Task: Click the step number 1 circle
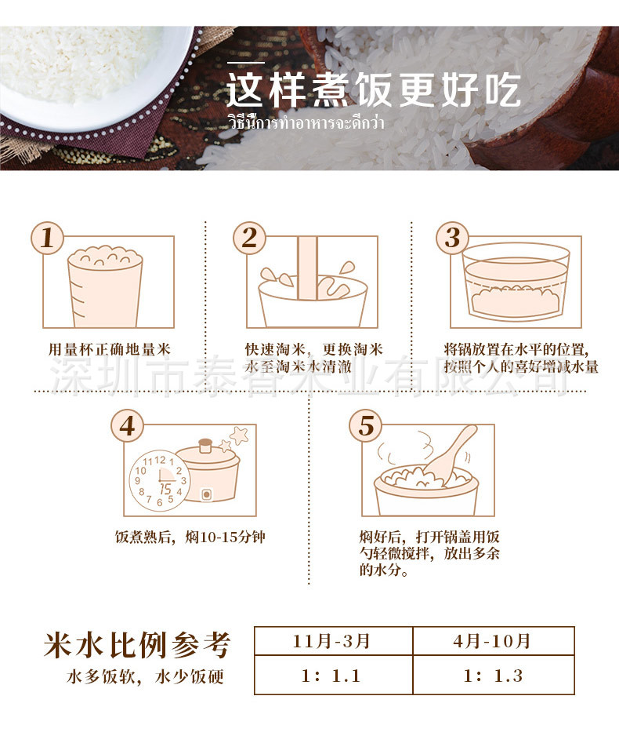point(47,238)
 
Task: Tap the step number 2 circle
point(250,238)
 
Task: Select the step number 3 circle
point(453,238)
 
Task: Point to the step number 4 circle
point(128,426)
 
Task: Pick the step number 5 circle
point(366,426)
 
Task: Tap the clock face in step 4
point(159,481)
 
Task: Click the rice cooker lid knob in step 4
point(205,445)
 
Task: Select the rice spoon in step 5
point(451,454)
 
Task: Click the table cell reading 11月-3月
point(334,641)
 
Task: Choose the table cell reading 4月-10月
point(494,641)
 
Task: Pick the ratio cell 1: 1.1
point(334,675)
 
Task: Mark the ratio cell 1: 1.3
point(494,675)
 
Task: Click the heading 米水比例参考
point(137,645)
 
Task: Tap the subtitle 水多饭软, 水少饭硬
point(145,677)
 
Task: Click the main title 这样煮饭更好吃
point(374,89)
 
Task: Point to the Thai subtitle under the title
point(306,122)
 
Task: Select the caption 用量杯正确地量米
point(110,349)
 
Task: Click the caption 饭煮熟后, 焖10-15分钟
point(190,537)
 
